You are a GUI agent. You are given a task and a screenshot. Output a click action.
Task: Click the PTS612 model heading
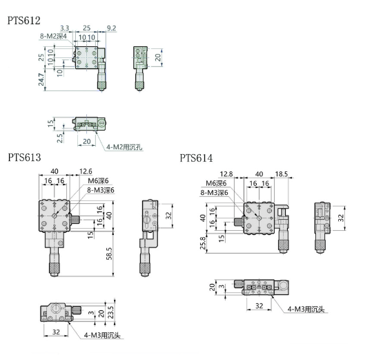point(24,21)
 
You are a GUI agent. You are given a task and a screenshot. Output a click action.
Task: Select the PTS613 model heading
point(24,158)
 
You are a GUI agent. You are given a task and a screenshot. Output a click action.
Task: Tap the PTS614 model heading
point(196,158)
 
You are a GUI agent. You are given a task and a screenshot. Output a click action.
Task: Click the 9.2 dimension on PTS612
point(111,28)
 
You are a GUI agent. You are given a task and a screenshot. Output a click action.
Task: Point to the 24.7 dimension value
point(41,79)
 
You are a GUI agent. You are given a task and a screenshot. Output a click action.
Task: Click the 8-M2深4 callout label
point(53,36)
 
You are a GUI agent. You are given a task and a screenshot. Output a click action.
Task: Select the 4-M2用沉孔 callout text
point(124,147)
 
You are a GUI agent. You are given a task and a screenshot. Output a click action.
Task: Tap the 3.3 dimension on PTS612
point(64,28)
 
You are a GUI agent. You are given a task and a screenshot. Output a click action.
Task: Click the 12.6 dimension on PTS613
point(86,171)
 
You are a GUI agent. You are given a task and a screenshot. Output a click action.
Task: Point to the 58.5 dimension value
point(109,254)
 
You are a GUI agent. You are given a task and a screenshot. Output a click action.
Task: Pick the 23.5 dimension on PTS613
point(111,312)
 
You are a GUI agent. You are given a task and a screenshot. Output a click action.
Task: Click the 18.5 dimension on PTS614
point(282,174)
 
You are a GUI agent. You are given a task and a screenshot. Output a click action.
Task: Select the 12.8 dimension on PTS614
point(226,174)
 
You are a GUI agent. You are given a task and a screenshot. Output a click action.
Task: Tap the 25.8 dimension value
point(203,243)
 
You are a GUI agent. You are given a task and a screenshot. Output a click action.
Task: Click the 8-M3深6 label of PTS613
point(101,190)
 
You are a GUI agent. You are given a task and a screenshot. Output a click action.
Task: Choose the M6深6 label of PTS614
point(216,183)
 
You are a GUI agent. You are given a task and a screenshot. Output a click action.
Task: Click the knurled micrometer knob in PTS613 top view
point(55,268)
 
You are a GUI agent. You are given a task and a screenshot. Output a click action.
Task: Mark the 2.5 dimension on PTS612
point(59,138)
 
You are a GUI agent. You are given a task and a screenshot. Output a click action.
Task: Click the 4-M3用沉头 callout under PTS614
point(306,309)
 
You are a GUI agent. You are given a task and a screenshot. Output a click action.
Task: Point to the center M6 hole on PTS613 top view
point(55,216)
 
